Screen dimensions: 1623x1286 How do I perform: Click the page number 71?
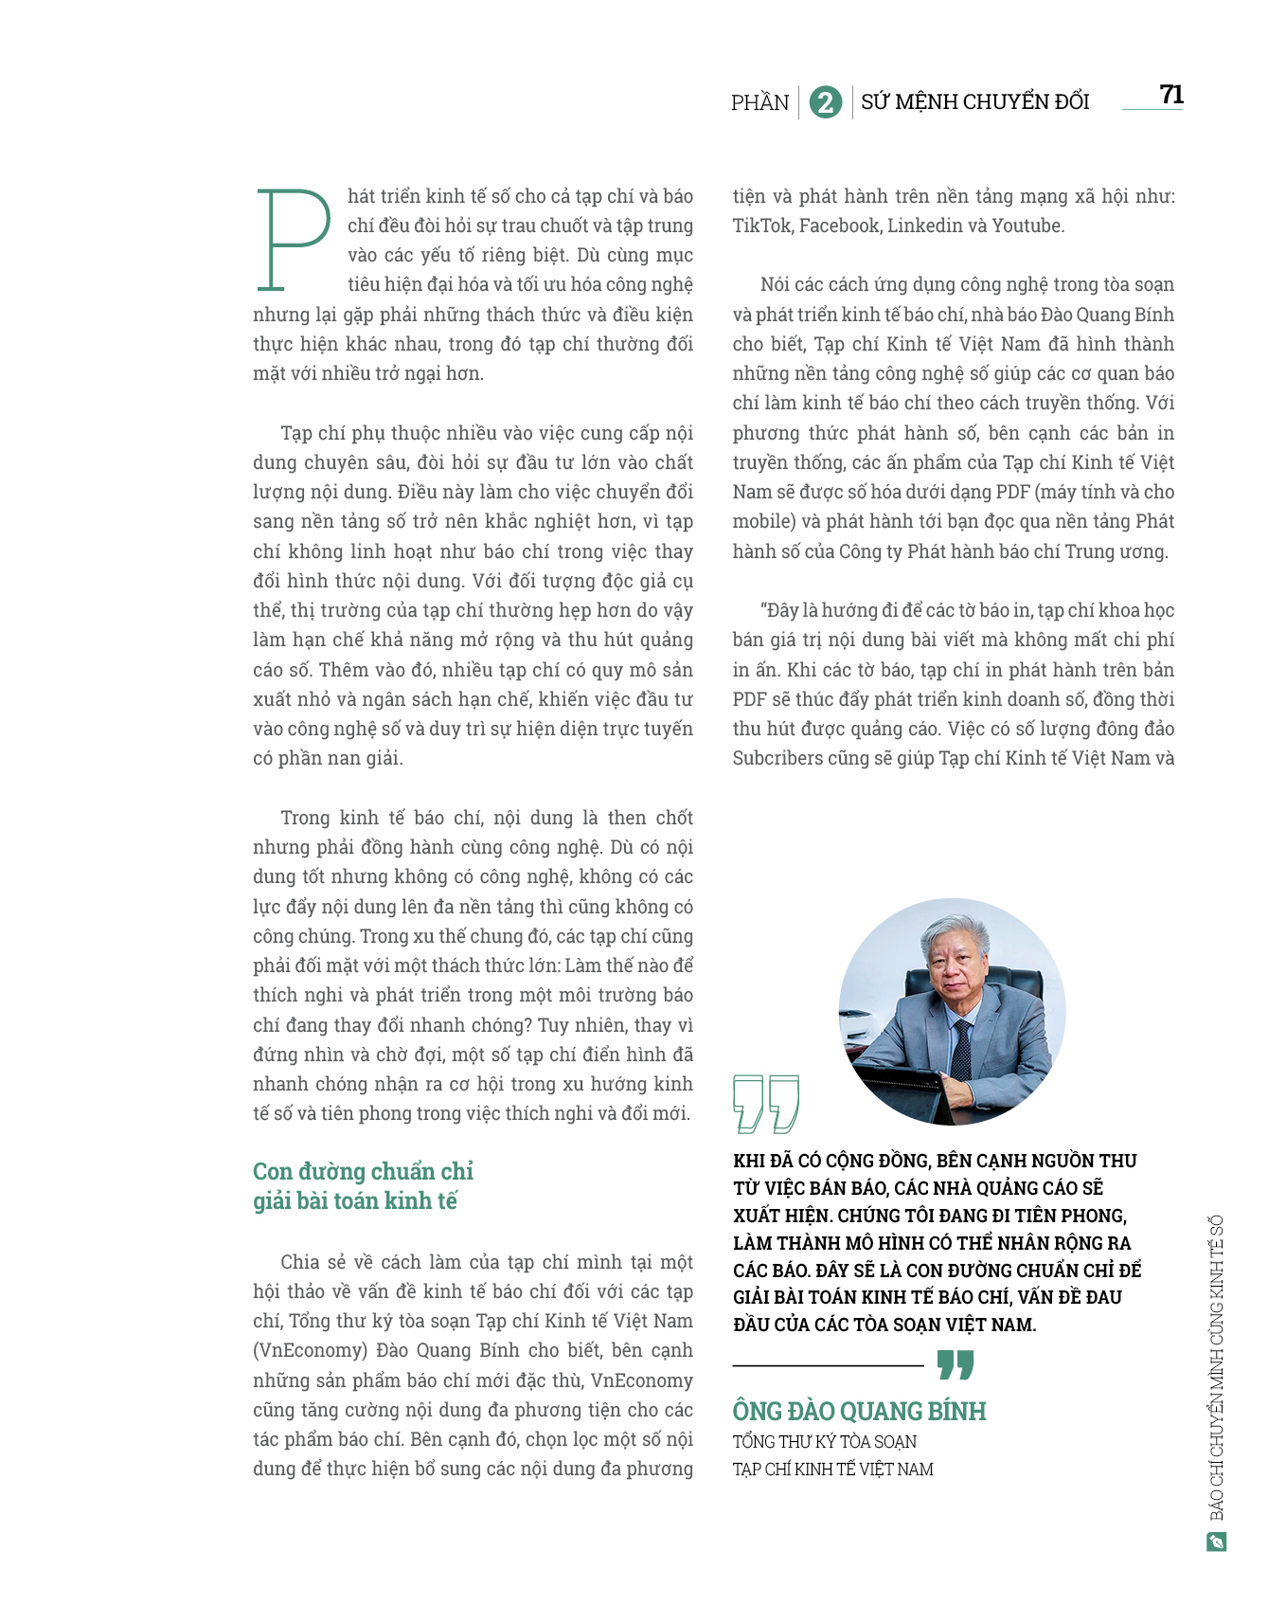point(1170,95)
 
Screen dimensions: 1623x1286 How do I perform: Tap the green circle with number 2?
point(825,102)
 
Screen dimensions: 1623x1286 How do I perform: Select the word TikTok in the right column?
point(762,225)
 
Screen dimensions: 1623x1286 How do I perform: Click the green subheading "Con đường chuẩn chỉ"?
point(363,1172)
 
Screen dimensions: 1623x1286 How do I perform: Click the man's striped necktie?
point(960,1051)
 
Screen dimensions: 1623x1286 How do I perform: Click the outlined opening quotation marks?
point(766,1103)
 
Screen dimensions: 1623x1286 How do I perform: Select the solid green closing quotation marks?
point(955,1365)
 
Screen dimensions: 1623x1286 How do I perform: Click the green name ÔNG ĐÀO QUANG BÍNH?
point(859,1412)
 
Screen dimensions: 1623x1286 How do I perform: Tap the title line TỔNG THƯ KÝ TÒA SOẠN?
point(824,1442)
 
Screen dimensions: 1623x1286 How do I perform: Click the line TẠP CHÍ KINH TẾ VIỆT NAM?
point(832,1470)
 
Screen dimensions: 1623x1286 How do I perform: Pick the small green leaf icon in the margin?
point(1216,1542)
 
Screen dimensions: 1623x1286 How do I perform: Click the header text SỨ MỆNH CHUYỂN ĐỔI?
point(974,102)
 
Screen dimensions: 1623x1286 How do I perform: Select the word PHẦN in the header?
point(759,102)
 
